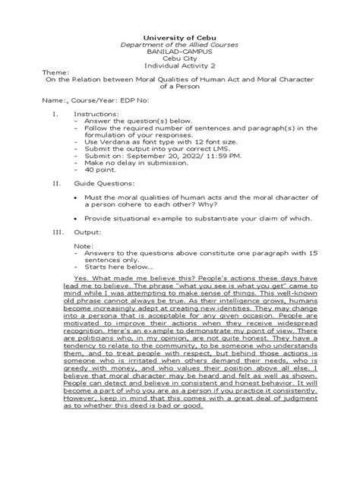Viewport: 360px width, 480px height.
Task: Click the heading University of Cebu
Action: pos(180,36)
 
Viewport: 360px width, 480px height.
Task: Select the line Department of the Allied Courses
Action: pos(180,45)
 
